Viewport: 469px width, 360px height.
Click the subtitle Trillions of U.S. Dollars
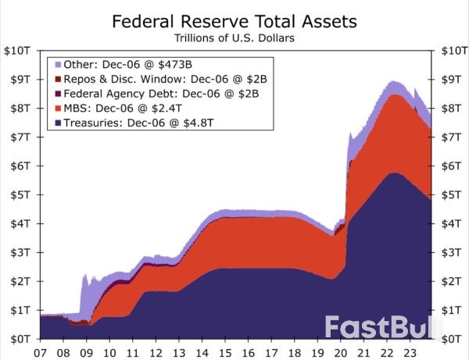click(x=234, y=37)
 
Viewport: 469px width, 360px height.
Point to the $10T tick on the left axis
click(x=18, y=51)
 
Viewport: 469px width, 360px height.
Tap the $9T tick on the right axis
click(x=451, y=80)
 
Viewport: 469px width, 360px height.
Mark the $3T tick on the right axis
click(x=451, y=252)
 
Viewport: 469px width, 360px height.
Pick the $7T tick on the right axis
click(x=451, y=137)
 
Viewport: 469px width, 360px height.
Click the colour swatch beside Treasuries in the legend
click(x=59, y=123)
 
